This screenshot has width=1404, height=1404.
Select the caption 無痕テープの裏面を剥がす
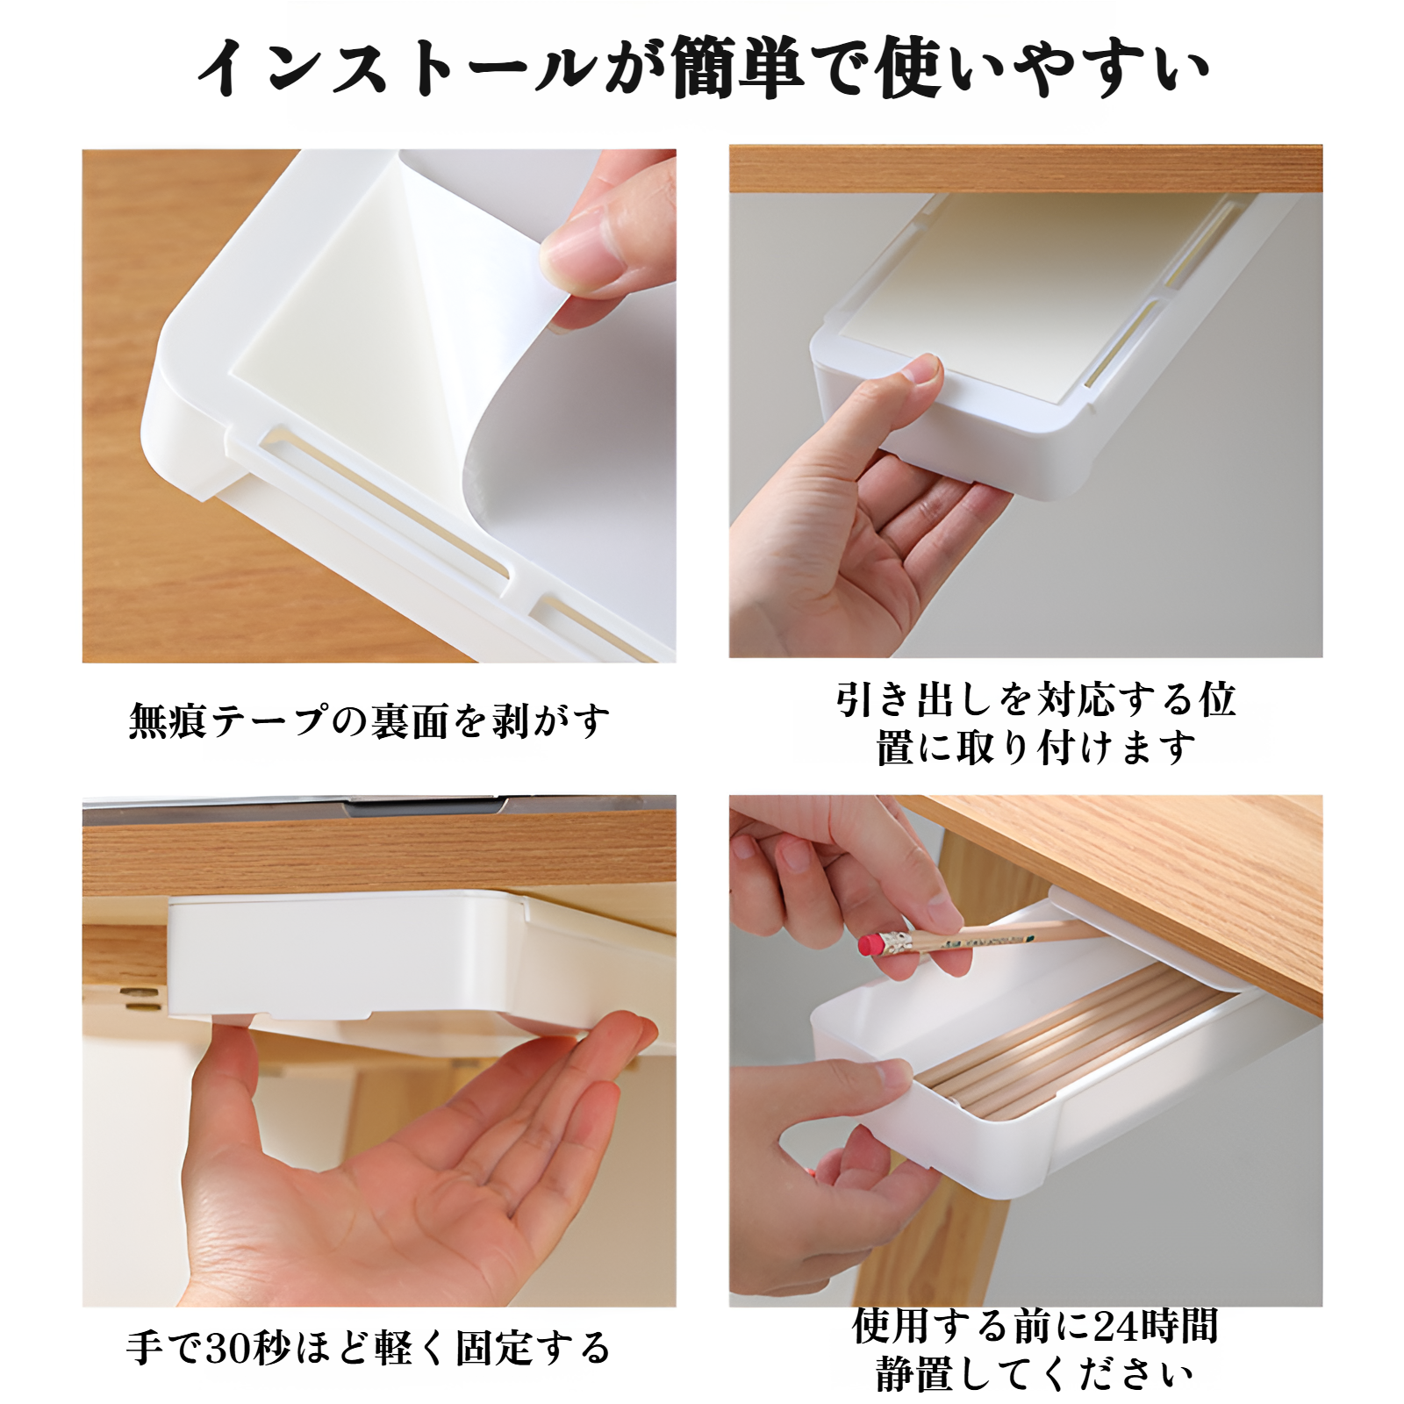point(369,721)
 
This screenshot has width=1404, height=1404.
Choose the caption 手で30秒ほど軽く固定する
point(369,1348)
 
